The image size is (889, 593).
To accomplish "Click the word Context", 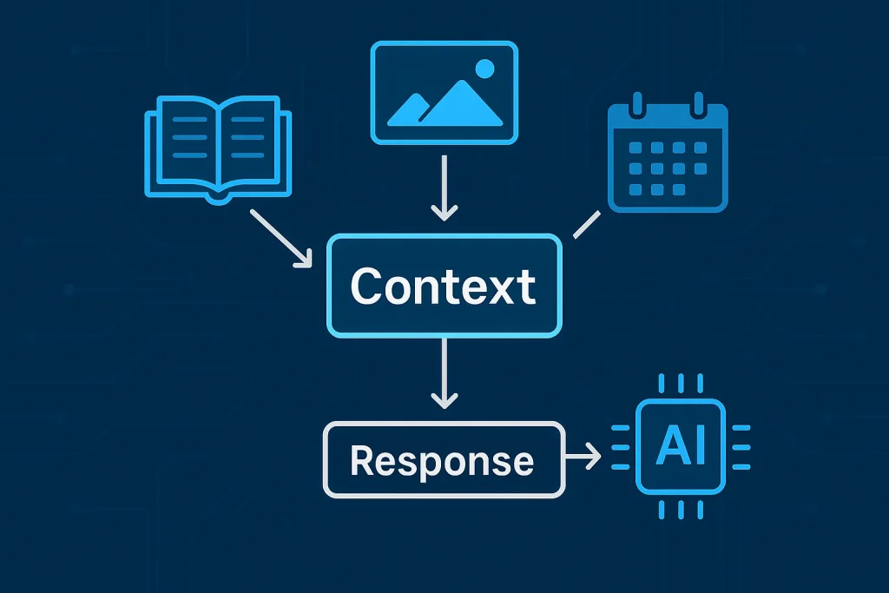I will (444, 287).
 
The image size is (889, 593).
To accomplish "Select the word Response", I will (442, 460).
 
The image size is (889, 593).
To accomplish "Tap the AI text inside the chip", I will (682, 447).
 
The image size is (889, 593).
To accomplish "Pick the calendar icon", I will (668, 158).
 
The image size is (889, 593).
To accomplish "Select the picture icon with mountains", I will (444, 93).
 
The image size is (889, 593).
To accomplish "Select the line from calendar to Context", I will (586, 224).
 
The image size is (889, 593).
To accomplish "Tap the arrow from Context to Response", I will (444, 374).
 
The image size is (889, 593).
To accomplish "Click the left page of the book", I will (182, 143).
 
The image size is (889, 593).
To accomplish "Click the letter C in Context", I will (368, 287).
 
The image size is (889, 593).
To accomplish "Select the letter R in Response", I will (364, 460).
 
